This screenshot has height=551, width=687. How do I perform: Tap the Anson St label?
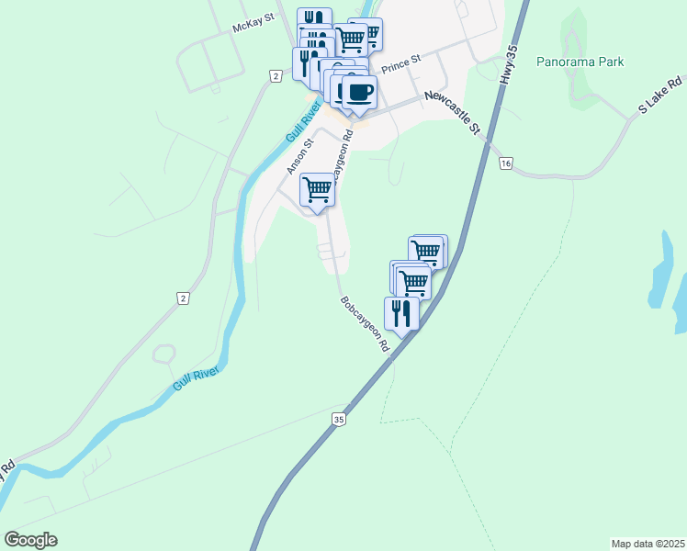[300, 155]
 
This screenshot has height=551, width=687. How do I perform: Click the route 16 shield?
[505, 163]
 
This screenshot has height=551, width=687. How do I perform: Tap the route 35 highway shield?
[339, 419]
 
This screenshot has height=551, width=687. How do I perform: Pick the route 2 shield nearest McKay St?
[275, 74]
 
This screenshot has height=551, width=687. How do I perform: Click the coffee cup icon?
[358, 93]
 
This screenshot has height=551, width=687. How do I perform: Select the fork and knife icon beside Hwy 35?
[402, 312]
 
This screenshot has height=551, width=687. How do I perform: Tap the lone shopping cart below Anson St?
[317, 190]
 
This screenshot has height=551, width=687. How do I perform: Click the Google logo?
[30, 540]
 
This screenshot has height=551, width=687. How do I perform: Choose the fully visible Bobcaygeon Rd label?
[365, 326]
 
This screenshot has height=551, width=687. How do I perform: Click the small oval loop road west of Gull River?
[163, 354]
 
